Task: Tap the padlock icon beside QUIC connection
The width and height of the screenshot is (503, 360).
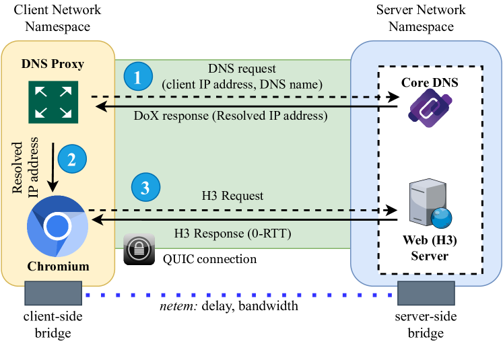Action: tap(138, 250)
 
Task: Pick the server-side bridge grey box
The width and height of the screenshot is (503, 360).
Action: tap(426, 295)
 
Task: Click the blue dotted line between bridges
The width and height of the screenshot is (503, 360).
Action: tap(239, 295)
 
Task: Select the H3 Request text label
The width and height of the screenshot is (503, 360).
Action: tap(232, 196)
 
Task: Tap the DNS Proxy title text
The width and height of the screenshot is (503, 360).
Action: tap(53, 64)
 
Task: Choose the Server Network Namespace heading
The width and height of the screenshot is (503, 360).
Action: tap(421, 18)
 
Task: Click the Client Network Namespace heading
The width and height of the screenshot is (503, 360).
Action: tap(57, 18)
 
